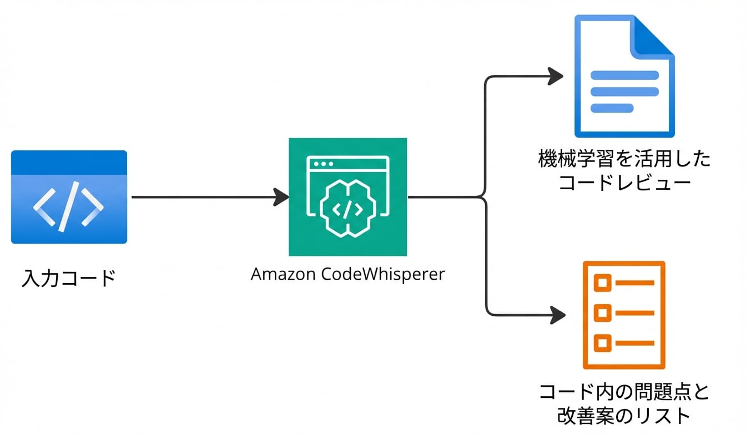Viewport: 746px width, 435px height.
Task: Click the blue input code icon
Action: pyautogui.click(x=69, y=197)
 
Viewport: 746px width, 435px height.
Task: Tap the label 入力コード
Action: pyautogui.click(x=69, y=277)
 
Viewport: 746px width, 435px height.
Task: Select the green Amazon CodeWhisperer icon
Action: pyautogui.click(x=347, y=197)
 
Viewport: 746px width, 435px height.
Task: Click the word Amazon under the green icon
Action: pyautogui.click(x=283, y=274)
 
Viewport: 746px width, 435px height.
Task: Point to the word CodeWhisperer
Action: pyautogui.click(x=383, y=274)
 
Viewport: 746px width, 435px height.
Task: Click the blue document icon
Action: pyautogui.click(x=624, y=78)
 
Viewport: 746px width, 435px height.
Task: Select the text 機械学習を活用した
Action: pyautogui.click(x=624, y=160)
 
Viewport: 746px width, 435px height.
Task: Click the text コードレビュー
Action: pyautogui.click(x=624, y=183)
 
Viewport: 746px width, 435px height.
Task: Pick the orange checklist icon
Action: pyautogui.click(x=624, y=315)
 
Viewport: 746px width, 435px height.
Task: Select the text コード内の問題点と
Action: pyautogui.click(x=624, y=392)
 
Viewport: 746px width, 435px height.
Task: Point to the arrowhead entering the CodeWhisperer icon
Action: pyautogui.click(x=282, y=197)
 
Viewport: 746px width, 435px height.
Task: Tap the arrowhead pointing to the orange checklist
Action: pyautogui.click(x=557, y=315)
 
